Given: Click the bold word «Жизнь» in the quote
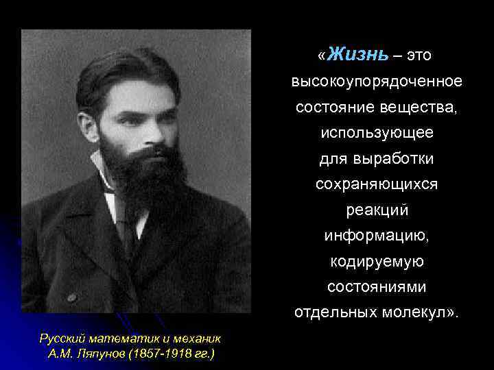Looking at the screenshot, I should [357, 53].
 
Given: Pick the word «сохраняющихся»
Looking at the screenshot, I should [377, 185].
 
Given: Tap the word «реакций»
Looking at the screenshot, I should [377, 210].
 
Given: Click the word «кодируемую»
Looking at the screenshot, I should [377, 262].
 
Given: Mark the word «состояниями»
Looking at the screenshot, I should [377, 287].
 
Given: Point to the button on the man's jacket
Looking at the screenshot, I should [71, 298].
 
